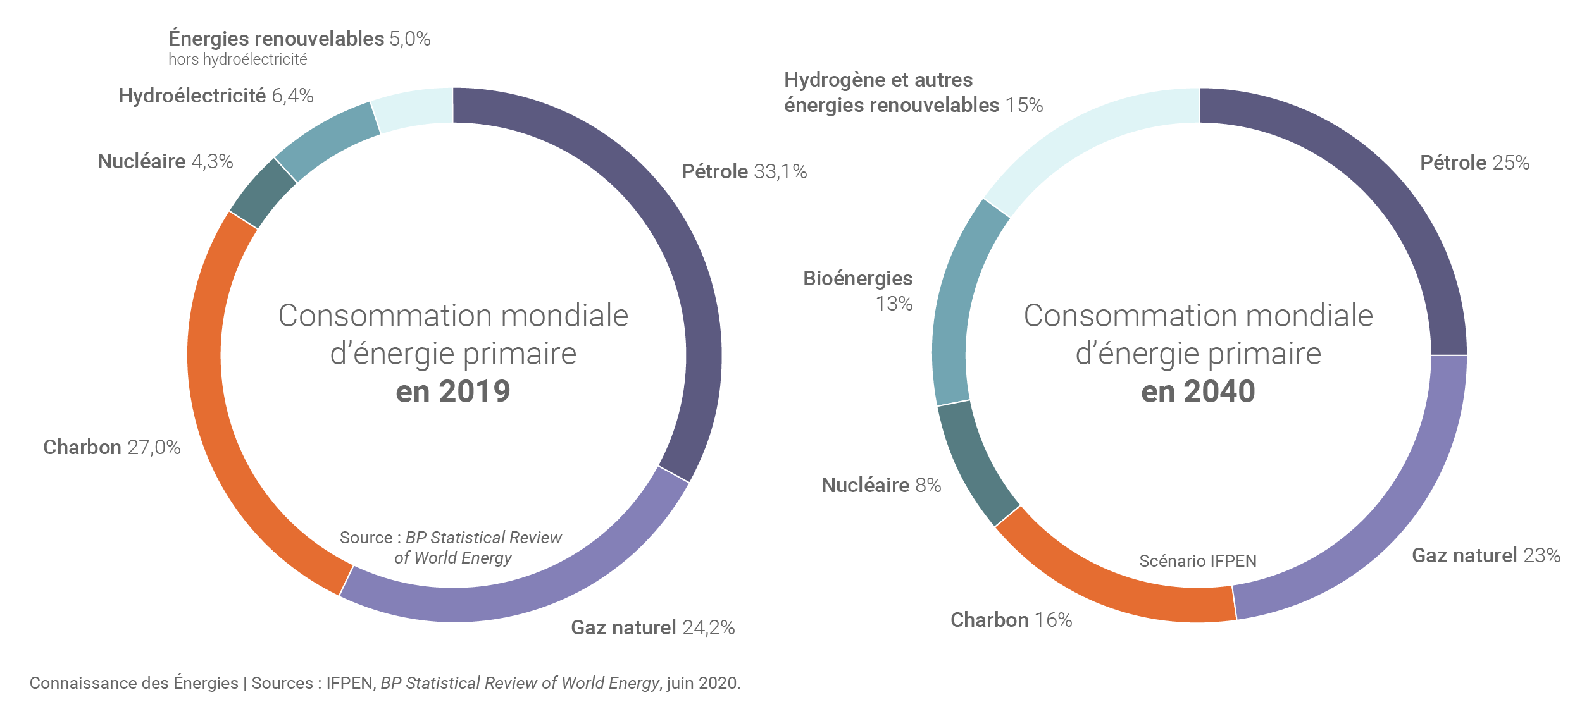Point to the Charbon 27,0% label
coord(112,447)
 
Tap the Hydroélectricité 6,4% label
coord(216,96)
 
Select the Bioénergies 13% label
coord(858,291)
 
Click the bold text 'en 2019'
coord(453,391)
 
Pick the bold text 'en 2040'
coord(1198,391)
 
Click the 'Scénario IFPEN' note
coord(1198,561)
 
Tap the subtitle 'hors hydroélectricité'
coord(238,59)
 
